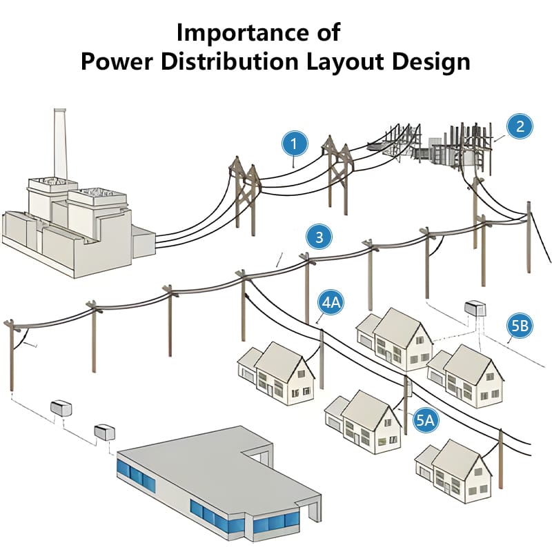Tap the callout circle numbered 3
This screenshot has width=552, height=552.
point(318,238)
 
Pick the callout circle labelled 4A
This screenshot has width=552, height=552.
point(331,303)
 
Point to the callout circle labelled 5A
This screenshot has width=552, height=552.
point(426,418)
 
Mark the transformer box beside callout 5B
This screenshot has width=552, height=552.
point(475,308)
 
